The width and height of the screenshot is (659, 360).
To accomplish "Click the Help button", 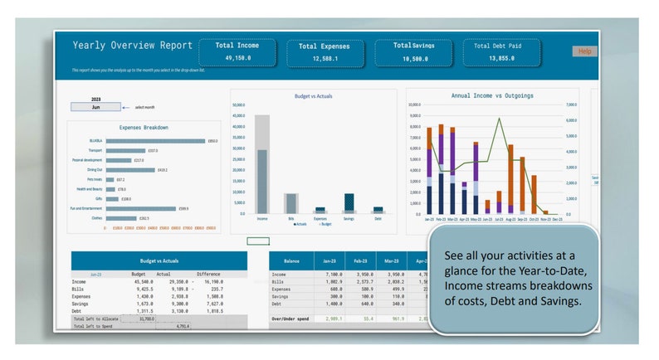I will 584,51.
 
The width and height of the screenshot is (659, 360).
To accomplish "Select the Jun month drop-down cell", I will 95,107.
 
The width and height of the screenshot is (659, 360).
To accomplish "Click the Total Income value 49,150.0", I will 237,58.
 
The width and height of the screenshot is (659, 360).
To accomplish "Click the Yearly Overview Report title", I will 132,46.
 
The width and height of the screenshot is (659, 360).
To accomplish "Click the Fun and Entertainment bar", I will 140,208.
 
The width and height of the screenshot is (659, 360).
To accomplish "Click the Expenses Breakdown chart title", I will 144,128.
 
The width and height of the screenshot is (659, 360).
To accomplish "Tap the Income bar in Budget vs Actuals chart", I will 262,166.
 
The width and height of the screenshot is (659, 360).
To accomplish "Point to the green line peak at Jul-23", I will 499,119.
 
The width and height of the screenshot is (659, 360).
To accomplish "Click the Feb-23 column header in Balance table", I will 361,260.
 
